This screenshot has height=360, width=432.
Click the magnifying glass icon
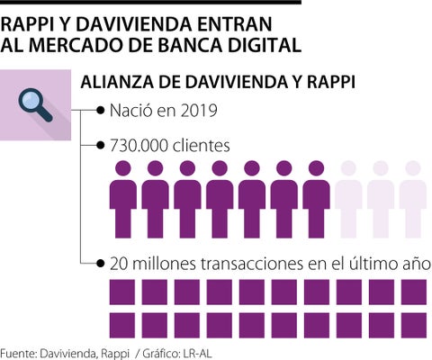[35, 105]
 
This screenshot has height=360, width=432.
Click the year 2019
[199, 111]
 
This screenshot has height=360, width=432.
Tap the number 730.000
[139, 146]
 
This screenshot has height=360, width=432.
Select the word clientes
[202, 146]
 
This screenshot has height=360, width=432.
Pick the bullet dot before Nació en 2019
[100, 111]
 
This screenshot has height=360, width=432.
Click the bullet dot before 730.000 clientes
[100, 146]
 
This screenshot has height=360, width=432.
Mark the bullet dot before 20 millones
[100, 264]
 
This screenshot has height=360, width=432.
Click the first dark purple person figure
[123, 199]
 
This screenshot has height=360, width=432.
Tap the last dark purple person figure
[316, 199]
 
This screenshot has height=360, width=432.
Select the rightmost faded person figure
[413, 199]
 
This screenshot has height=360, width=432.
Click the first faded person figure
[348, 199]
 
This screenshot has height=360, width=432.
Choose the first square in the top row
[122, 292]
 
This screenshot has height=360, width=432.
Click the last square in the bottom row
[414, 325]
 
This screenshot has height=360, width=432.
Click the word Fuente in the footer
[18, 354]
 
